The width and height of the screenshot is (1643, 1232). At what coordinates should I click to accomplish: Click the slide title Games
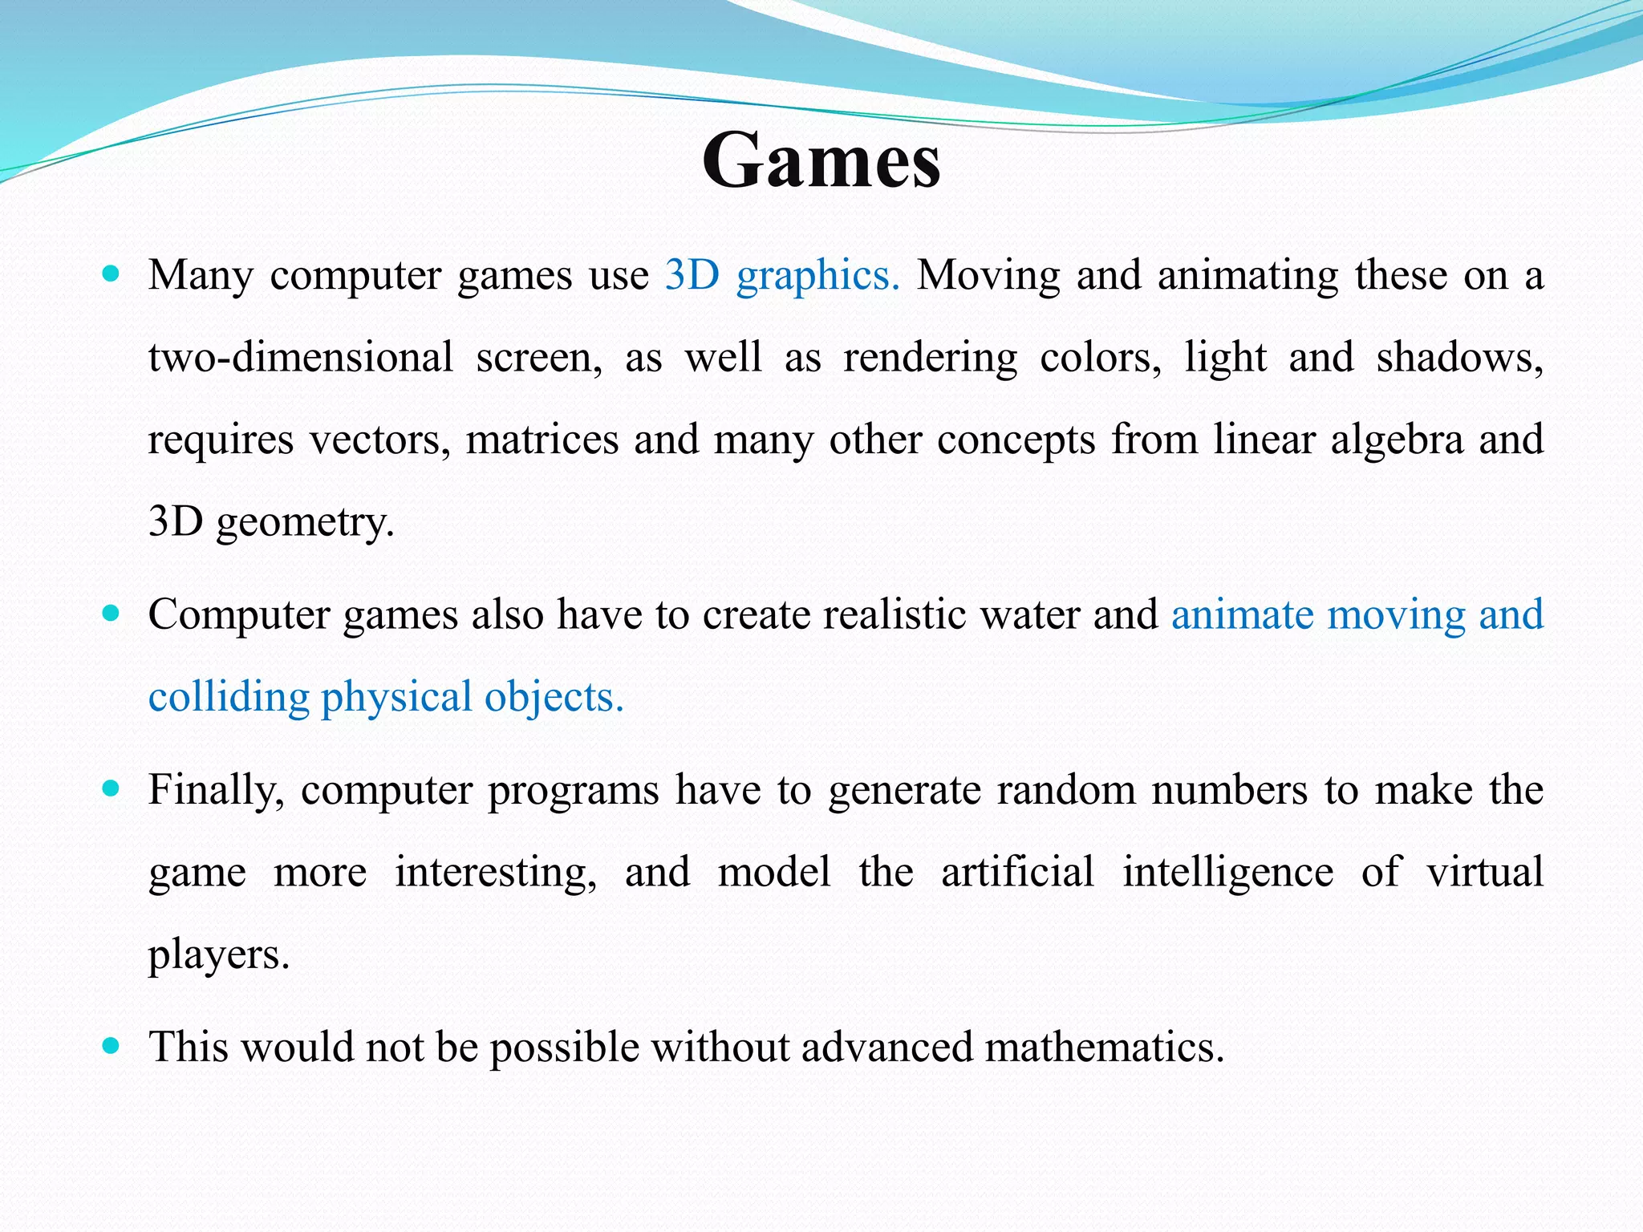(821, 161)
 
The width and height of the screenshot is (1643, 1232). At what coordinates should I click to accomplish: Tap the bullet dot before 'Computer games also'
(112, 614)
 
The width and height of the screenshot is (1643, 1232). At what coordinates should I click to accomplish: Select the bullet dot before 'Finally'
(112, 789)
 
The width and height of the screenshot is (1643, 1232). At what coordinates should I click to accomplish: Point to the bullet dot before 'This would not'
(112, 1046)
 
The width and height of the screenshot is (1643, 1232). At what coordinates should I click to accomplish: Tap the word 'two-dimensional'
(301, 358)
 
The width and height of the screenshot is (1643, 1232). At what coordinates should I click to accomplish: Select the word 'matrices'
(542, 440)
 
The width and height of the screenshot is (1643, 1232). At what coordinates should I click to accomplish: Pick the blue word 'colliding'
(229, 697)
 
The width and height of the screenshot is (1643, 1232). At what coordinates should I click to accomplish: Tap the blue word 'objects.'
(554, 697)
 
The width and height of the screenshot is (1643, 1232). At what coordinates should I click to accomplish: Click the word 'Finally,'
(217, 791)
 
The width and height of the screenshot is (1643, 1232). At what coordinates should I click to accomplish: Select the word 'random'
(1066, 790)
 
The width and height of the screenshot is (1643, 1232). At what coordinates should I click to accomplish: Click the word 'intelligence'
(1227, 873)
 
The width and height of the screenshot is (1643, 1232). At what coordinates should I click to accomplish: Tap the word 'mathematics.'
(1105, 1048)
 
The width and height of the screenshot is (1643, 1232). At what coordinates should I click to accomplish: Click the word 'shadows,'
(1460, 358)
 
